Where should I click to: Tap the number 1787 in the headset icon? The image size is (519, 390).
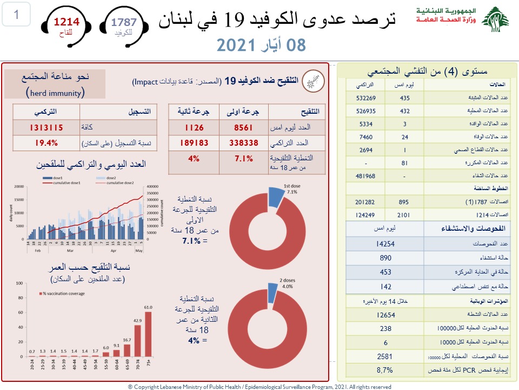point(124,22)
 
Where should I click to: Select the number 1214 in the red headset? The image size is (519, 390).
point(66,22)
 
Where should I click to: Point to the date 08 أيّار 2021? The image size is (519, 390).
point(261,45)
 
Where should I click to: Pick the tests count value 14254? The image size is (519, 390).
point(385,244)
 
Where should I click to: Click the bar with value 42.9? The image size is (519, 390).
point(137,341)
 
